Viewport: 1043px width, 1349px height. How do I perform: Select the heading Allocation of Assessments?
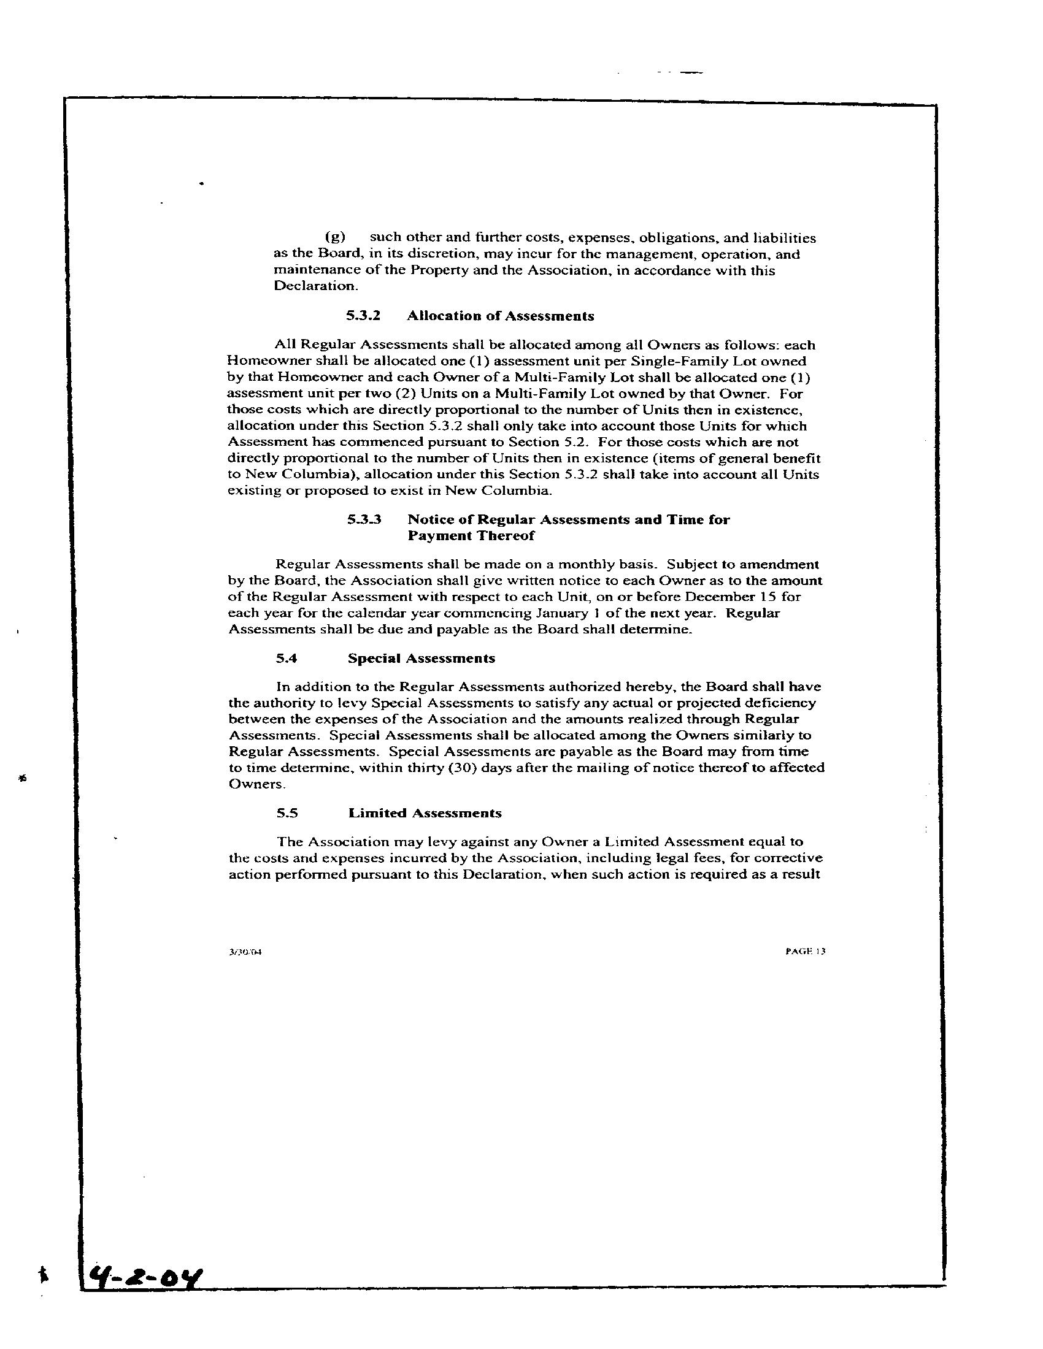[x=501, y=316]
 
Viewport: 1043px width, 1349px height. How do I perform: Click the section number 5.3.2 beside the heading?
[x=363, y=316]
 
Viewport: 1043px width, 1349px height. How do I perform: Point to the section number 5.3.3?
[x=363, y=519]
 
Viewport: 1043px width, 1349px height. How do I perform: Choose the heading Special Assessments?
[x=421, y=659]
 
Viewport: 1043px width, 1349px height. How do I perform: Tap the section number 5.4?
[x=287, y=659]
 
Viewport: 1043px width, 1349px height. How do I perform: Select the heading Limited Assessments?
[x=425, y=813]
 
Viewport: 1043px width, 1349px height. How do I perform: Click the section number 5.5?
[x=287, y=813]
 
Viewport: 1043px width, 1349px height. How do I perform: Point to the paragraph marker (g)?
[x=335, y=238]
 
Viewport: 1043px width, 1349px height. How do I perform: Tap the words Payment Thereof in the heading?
[x=471, y=535]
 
